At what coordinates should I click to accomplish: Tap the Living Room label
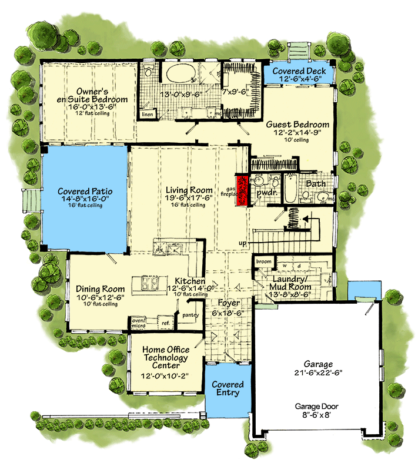click(x=188, y=190)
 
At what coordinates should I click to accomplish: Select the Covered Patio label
click(x=85, y=192)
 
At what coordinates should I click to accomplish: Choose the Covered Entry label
click(x=228, y=388)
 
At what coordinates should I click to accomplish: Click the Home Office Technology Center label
click(x=165, y=357)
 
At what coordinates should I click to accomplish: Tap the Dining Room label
click(x=101, y=289)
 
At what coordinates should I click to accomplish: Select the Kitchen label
click(x=189, y=281)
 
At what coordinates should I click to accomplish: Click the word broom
click(x=264, y=261)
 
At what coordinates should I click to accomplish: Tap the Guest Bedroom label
click(x=297, y=125)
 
